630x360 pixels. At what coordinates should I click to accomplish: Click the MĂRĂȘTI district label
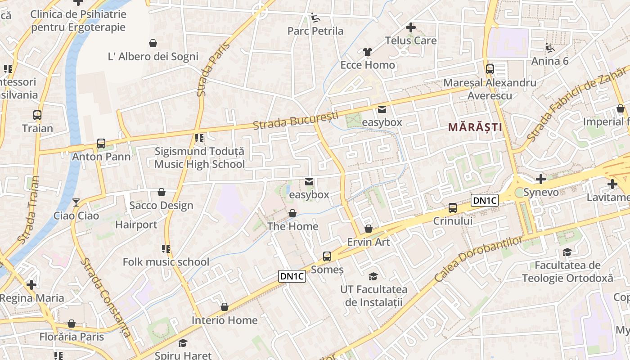(x=475, y=127)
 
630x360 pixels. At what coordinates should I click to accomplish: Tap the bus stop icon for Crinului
(x=453, y=208)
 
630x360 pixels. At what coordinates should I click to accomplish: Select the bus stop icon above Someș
(x=327, y=256)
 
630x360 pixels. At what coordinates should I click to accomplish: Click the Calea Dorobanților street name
(x=480, y=259)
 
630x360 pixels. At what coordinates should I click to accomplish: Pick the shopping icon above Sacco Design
(x=162, y=193)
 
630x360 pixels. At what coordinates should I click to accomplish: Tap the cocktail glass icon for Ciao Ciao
(x=76, y=202)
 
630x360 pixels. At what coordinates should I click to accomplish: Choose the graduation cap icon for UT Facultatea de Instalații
(x=373, y=276)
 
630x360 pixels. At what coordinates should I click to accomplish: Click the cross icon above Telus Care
(x=410, y=27)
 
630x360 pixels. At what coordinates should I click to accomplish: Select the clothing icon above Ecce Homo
(x=368, y=52)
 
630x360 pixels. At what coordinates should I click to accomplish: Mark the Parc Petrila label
(x=315, y=31)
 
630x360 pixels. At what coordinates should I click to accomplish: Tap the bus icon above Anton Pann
(x=101, y=144)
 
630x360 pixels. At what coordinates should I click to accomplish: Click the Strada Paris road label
(x=213, y=70)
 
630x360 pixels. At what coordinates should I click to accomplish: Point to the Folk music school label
(x=166, y=262)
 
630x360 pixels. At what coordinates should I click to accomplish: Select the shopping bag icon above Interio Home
(x=225, y=307)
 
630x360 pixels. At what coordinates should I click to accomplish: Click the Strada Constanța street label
(x=106, y=298)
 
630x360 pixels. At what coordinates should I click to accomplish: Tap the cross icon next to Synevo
(x=541, y=179)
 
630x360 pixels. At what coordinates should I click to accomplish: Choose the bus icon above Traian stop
(x=37, y=115)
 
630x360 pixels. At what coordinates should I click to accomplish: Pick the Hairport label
(x=136, y=225)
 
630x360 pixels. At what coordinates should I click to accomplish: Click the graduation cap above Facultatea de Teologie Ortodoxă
(x=567, y=252)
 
